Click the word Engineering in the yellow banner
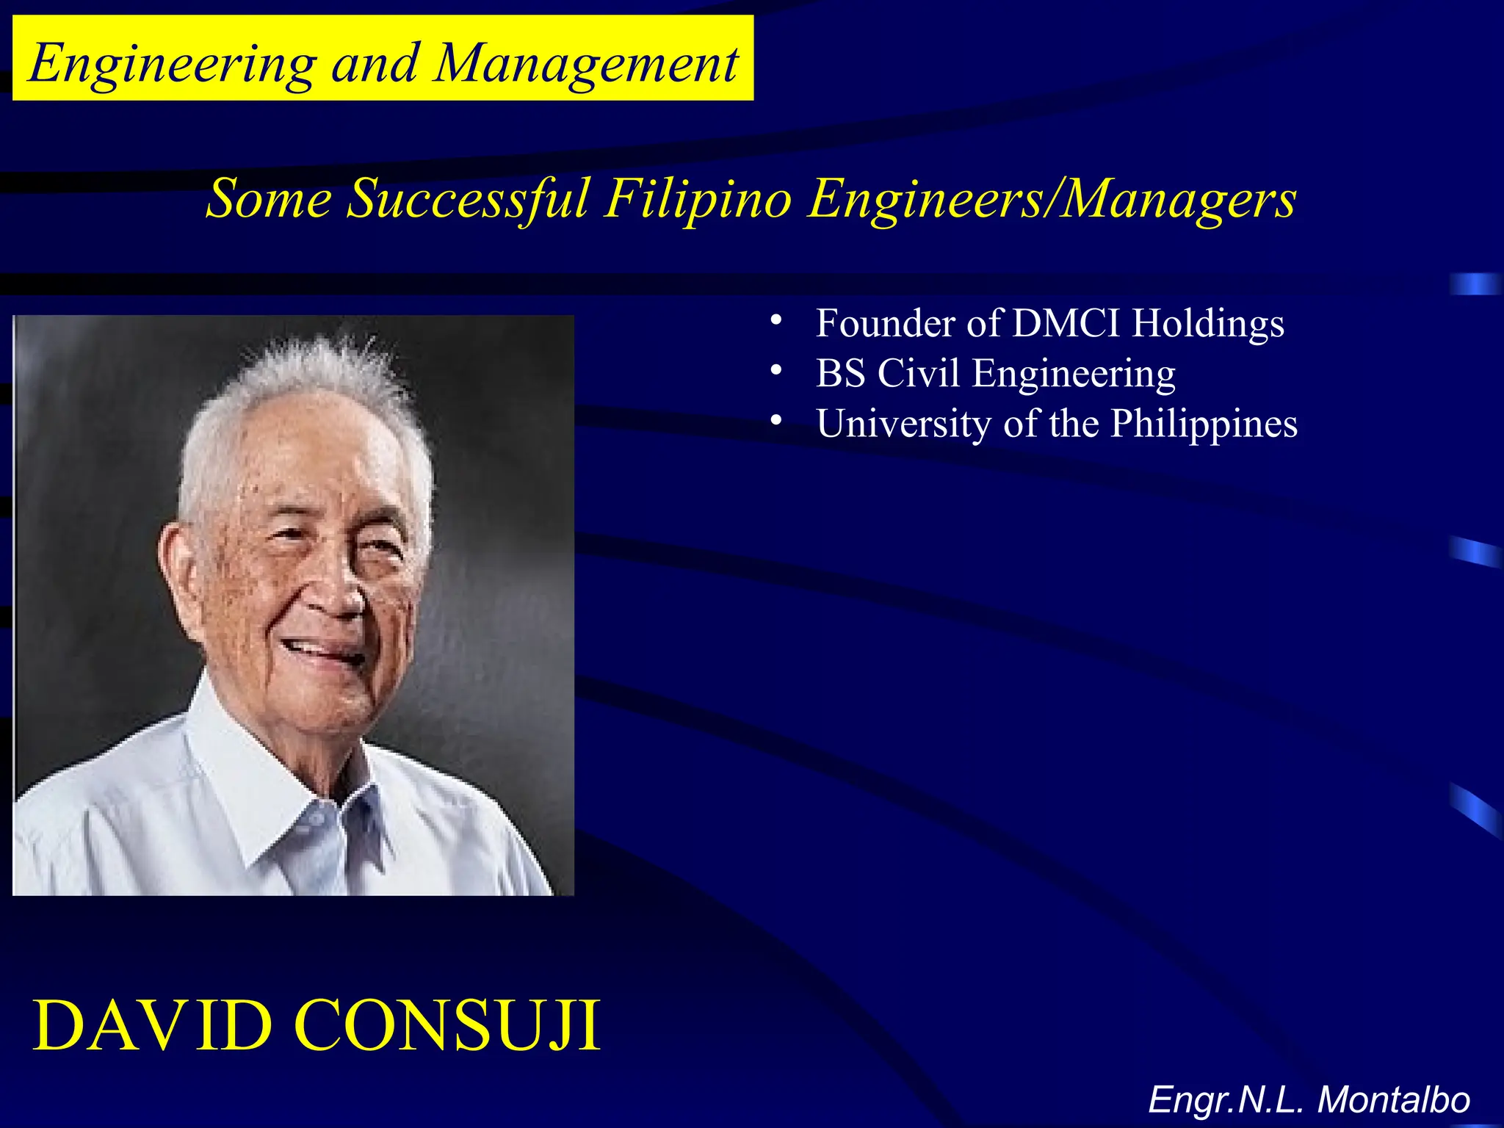pos(173,65)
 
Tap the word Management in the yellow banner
pos(585,65)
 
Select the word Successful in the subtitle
pos(468,199)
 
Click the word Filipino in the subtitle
pos(698,199)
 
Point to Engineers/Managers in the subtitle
pos(1052,199)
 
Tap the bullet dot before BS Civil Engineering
pos(775,370)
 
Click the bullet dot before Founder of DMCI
pos(775,320)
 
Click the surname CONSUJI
pos(447,1026)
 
